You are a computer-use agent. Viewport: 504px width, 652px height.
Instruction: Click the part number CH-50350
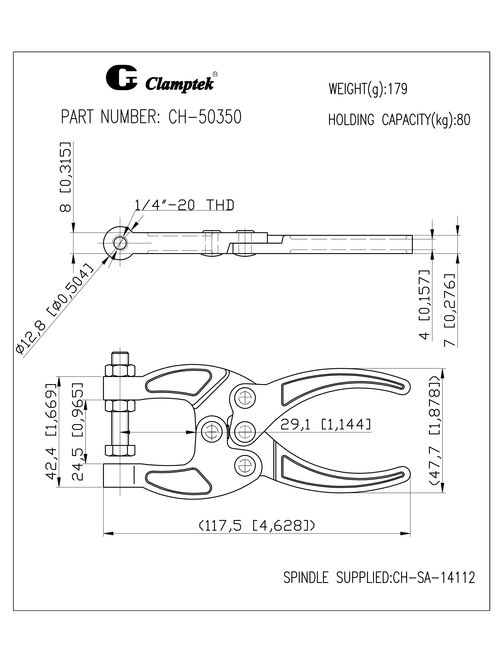pyautogui.click(x=205, y=117)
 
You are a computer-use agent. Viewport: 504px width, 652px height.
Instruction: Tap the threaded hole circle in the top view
pyautogui.click(x=120, y=243)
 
